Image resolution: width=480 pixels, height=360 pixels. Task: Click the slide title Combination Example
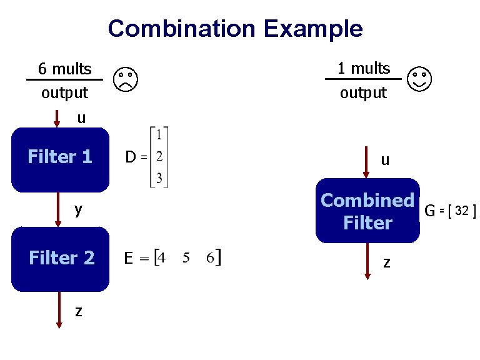235,29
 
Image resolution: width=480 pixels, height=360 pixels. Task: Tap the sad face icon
126,79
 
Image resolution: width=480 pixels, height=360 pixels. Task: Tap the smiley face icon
419,78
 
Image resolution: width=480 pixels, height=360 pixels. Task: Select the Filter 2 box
61,259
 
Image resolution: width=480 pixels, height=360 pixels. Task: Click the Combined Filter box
367,211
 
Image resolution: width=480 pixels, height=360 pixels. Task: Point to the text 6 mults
64,68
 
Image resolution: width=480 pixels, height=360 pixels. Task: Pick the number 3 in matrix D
159,178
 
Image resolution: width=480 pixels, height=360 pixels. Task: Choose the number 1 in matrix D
159,134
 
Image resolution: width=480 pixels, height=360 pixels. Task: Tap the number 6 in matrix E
211,257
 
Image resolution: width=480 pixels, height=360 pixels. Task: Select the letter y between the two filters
78,209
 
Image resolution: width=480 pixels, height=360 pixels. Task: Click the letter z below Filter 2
77,311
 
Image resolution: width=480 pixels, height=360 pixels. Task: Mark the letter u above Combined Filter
385,160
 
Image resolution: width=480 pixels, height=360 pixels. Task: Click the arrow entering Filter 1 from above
57,119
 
